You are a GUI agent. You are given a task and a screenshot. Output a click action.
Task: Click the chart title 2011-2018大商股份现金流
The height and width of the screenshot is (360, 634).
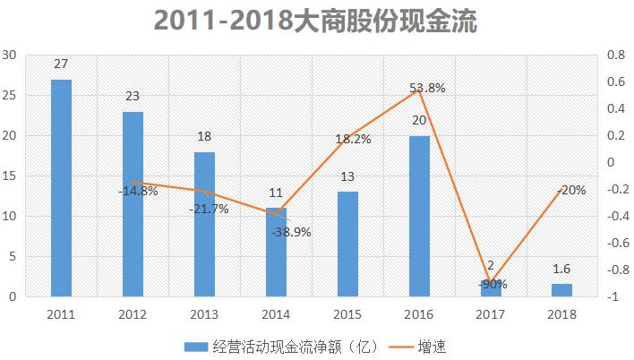316,21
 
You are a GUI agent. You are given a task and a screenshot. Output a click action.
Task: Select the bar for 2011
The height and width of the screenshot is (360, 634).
61,188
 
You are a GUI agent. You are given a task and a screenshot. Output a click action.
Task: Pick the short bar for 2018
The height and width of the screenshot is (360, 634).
562,290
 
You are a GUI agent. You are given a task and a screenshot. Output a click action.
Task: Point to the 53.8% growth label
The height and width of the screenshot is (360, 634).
426,88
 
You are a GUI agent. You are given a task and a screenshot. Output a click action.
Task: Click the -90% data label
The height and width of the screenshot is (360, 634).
491,285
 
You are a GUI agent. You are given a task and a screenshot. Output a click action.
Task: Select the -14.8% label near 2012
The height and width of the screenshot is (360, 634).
138,191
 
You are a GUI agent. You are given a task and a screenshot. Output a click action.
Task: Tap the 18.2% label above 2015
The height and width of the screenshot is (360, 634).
353,140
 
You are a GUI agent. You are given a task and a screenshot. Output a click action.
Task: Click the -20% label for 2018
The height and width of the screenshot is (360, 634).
570,190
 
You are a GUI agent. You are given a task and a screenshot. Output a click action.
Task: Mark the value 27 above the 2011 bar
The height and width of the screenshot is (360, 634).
61,64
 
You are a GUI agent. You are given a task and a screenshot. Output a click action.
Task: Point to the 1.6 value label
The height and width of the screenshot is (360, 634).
562,268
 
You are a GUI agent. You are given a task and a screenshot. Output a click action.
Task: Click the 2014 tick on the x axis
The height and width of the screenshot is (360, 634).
276,315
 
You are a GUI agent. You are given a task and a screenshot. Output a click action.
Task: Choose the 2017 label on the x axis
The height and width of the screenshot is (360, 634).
491,315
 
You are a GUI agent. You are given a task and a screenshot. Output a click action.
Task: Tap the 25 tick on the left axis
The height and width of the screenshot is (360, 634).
11,95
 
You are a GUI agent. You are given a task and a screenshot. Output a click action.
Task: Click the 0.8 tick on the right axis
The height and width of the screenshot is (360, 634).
615,55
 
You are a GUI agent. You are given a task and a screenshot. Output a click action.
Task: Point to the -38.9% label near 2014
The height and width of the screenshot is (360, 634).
292,231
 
